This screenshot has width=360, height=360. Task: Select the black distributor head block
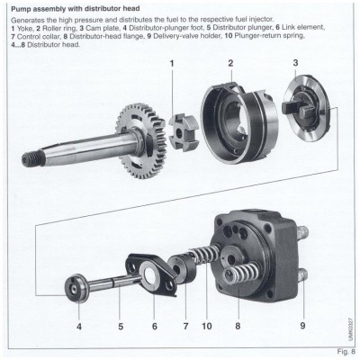coord(261,252)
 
